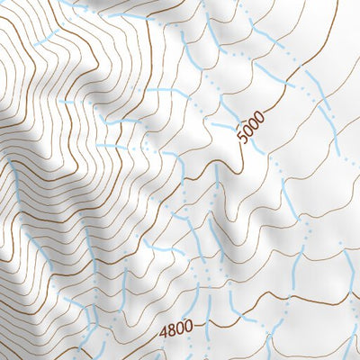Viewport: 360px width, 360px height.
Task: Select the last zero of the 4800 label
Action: tap(189, 328)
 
